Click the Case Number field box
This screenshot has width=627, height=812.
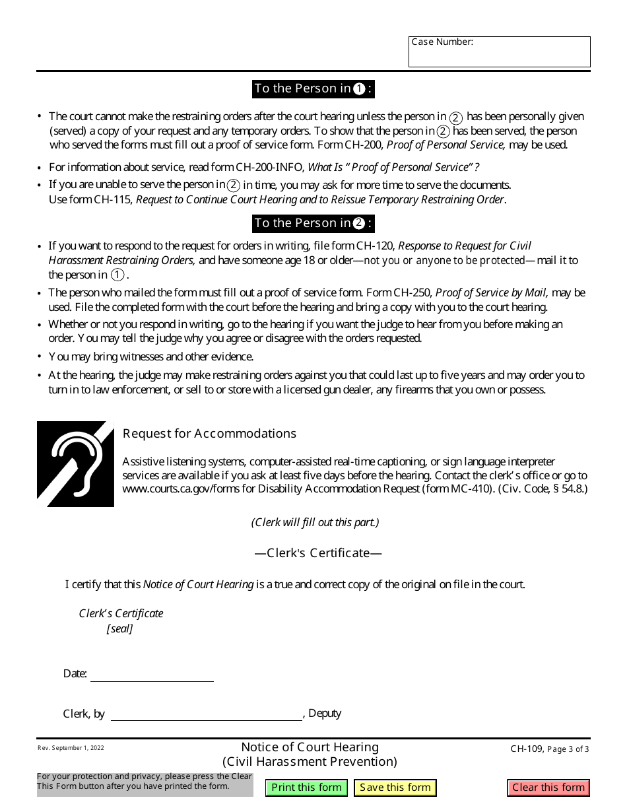499,52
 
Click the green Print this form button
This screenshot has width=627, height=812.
306,788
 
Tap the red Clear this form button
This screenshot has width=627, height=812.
548,788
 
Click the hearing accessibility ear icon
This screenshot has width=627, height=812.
75,464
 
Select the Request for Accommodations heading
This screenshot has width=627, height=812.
209,434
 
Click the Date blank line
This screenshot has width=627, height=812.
152,675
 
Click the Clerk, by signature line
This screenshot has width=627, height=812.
206,714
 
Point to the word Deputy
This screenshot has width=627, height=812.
325,714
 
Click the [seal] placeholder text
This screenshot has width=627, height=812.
119,629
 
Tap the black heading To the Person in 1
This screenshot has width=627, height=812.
313,88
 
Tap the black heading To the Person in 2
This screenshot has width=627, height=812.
313,223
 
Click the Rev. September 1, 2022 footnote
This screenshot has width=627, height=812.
71,748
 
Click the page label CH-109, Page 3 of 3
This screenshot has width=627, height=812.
549,749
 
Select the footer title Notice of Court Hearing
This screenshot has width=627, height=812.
310,747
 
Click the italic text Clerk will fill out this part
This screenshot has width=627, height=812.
315,522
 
